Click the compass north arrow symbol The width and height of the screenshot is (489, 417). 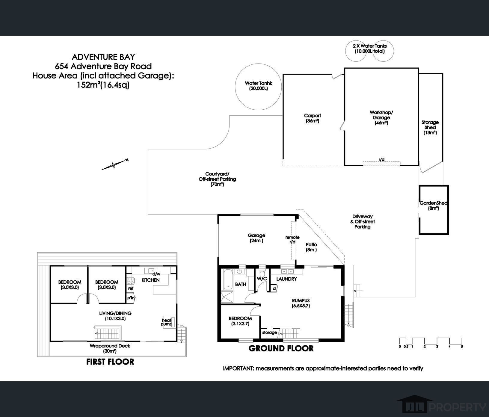point(114,164)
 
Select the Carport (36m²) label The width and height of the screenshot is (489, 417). point(313,118)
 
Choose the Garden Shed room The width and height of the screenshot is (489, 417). point(434,209)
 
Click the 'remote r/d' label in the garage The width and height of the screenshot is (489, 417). point(292,239)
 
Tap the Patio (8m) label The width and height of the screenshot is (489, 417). point(311,247)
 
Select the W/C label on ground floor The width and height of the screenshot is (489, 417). point(262,279)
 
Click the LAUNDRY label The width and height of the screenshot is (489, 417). point(286,279)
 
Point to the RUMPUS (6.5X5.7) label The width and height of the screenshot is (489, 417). point(301,303)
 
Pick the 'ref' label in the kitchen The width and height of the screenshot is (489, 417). point(131,288)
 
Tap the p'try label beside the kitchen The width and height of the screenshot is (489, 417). point(131,298)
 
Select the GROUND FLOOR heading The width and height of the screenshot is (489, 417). point(281,348)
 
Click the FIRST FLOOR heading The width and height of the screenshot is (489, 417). point(110,362)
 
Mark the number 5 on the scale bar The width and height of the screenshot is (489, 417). point(462,347)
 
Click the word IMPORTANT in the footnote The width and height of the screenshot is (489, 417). point(238,368)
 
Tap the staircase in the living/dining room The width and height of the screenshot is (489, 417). point(108,333)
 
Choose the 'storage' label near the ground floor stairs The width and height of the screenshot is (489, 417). point(269,333)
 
